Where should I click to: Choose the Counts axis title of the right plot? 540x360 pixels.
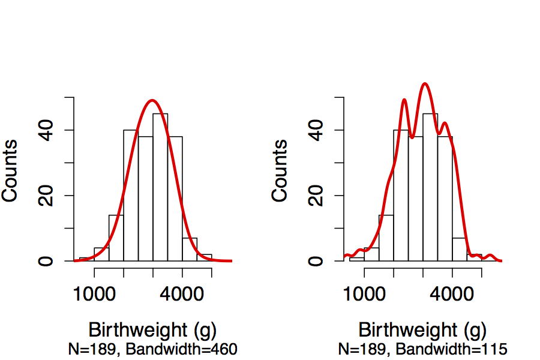pos(280,171)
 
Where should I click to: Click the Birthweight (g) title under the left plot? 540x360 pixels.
pos(152,329)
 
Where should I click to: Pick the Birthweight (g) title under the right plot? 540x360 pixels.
pos(422,329)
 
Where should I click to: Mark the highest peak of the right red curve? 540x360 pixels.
pos(425,83)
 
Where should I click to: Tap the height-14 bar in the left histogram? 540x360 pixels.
pos(116,238)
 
